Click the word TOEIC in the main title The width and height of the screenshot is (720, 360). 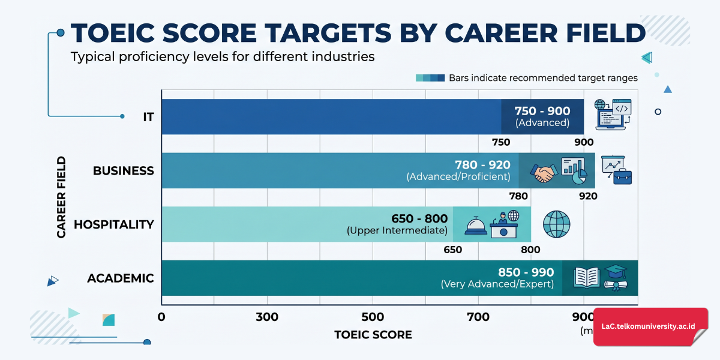pyautogui.click(x=121, y=33)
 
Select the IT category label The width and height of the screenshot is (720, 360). pyautogui.click(x=148, y=117)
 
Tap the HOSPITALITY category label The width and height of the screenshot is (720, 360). pyautogui.click(x=114, y=224)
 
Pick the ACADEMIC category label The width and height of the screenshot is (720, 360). pyautogui.click(x=121, y=278)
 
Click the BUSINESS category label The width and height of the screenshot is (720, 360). pyautogui.click(x=123, y=171)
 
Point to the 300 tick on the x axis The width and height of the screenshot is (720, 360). pyautogui.click(x=267, y=317)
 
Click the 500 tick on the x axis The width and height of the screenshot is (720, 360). pyautogui.click(x=373, y=317)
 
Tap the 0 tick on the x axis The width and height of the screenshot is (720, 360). pyautogui.click(x=161, y=317)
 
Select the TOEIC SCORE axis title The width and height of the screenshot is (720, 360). pyautogui.click(x=373, y=335)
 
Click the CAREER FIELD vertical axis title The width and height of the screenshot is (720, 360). pyautogui.click(x=61, y=197)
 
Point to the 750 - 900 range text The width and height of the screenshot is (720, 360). pyautogui.click(x=542, y=111)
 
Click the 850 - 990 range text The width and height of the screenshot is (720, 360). pyautogui.click(x=526, y=272)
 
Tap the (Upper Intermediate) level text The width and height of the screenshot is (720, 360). pyautogui.click(x=397, y=231)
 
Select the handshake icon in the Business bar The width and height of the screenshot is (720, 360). pyautogui.click(x=544, y=173)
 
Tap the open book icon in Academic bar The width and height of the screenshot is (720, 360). pyautogui.click(x=586, y=277)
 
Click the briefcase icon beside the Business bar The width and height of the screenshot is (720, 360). pyautogui.click(x=621, y=176)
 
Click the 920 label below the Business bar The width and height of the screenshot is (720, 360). pyautogui.click(x=588, y=196)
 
